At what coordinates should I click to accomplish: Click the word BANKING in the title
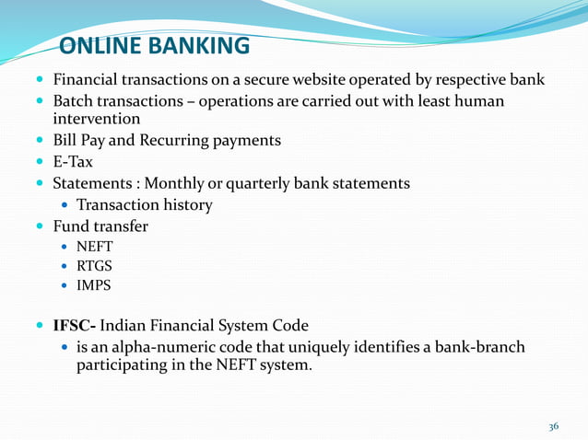199,46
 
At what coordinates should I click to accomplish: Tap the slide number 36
553,426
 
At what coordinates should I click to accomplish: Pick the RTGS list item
94,267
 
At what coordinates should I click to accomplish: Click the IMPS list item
94,285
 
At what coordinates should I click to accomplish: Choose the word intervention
97,119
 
